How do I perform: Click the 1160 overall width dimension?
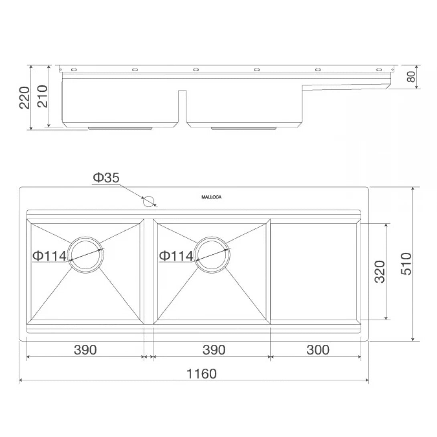coord(201,374)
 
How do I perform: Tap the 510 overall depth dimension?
coord(406,263)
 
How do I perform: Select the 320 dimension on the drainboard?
coord(379,271)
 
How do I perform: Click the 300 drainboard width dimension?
coord(318,350)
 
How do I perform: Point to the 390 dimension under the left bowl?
coord(85,350)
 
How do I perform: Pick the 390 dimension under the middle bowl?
coord(214,350)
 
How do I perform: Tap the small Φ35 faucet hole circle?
coord(149,201)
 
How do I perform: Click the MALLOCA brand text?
coord(211,197)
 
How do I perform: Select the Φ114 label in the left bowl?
coord(49,256)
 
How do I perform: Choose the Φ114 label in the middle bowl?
coord(176,256)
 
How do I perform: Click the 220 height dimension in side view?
coord(25,97)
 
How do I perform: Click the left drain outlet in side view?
coord(120,128)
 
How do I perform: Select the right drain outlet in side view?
coord(244,128)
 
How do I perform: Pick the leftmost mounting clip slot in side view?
coord(73,70)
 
